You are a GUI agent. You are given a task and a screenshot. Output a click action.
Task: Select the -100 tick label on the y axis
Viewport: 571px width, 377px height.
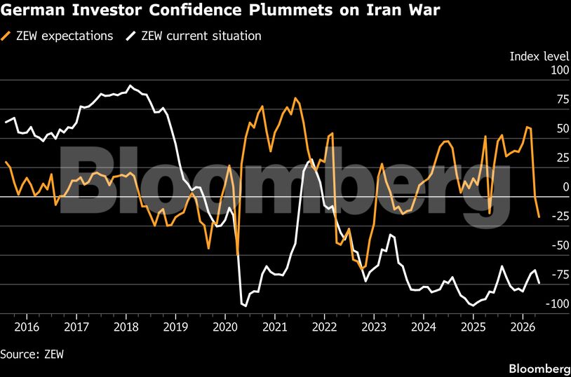click(540, 303)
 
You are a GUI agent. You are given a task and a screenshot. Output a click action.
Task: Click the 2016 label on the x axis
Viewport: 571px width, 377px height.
click(27, 327)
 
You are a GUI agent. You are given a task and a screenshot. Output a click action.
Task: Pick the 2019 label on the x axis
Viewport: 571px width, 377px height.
click(175, 327)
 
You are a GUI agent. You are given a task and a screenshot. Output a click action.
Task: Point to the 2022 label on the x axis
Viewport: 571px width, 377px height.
click(324, 327)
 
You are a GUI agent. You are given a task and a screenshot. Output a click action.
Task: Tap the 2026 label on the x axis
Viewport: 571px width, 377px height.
click(523, 327)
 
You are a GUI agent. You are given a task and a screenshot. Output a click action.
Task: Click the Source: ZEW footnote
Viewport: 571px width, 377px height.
click(32, 354)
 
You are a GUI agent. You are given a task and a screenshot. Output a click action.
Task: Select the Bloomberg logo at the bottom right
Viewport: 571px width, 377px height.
click(539, 368)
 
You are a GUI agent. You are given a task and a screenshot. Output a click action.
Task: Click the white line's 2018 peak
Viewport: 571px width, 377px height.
click(130, 85)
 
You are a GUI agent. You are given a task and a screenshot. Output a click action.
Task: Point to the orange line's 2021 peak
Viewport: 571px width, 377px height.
click(295, 98)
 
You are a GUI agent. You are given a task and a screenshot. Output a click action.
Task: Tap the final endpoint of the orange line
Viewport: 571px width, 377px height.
click(539, 217)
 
